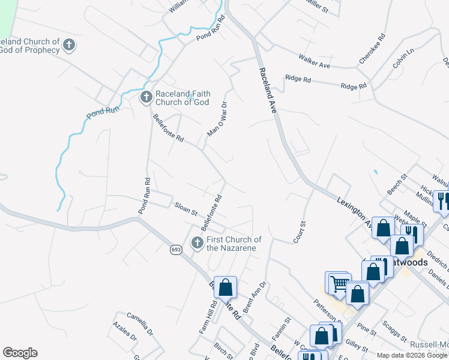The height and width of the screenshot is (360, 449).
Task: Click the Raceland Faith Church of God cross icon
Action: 146,97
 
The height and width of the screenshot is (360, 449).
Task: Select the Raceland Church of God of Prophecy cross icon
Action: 70,45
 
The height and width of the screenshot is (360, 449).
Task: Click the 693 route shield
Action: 175,250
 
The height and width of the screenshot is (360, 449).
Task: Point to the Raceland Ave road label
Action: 267,90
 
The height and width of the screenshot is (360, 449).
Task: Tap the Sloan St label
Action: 185,209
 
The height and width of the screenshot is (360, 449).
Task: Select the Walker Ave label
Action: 315,61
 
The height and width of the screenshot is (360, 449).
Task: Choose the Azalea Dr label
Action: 125,331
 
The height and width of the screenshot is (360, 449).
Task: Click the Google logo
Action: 20,353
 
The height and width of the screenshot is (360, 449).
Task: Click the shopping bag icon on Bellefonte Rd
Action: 225,287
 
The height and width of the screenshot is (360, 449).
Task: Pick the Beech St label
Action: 397,184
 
